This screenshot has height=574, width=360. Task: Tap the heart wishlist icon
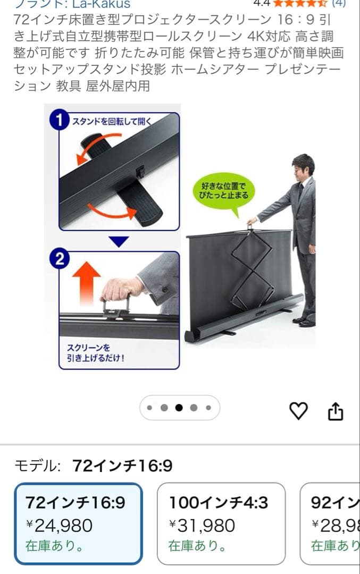298,410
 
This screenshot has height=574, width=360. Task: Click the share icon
336,411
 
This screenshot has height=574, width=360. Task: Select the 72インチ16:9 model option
78,524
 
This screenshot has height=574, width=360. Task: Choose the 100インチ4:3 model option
221,524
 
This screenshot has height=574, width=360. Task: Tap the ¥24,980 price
60,526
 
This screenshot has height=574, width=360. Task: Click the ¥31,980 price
202,526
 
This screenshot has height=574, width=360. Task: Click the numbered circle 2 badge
59,259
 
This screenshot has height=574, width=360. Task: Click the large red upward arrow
85,282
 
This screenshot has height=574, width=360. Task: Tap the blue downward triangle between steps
119,241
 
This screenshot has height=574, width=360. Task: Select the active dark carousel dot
179,408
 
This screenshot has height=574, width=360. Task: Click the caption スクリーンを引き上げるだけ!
96,353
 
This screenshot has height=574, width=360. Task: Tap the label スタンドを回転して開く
111,121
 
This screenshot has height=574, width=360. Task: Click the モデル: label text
37,466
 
